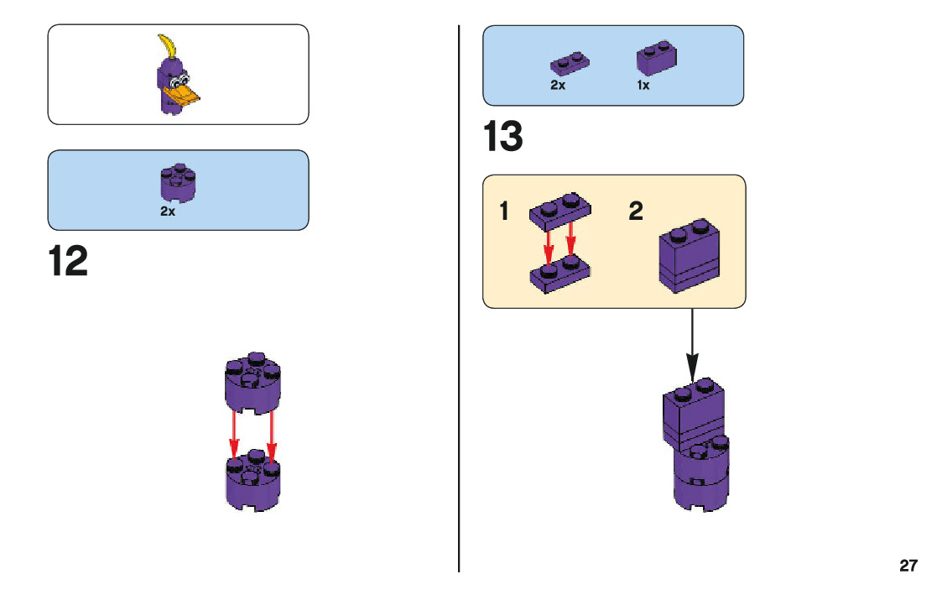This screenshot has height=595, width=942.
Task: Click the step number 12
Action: click(x=68, y=262)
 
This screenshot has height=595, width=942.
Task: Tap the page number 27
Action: click(x=908, y=565)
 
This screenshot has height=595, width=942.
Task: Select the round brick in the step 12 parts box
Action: click(x=177, y=182)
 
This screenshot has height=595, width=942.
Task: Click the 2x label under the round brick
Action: click(x=168, y=212)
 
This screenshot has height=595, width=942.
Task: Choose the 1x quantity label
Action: click(x=643, y=86)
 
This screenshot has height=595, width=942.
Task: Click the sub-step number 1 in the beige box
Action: click(x=504, y=211)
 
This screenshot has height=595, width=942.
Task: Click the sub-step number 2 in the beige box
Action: click(x=636, y=211)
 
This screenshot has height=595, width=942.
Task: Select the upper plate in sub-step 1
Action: click(x=559, y=209)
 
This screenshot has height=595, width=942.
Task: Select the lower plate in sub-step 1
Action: click(x=559, y=275)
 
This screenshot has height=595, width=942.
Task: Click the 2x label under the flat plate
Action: click(x=558, y=86)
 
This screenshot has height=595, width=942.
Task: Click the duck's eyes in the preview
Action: click(x=178, y=82)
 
